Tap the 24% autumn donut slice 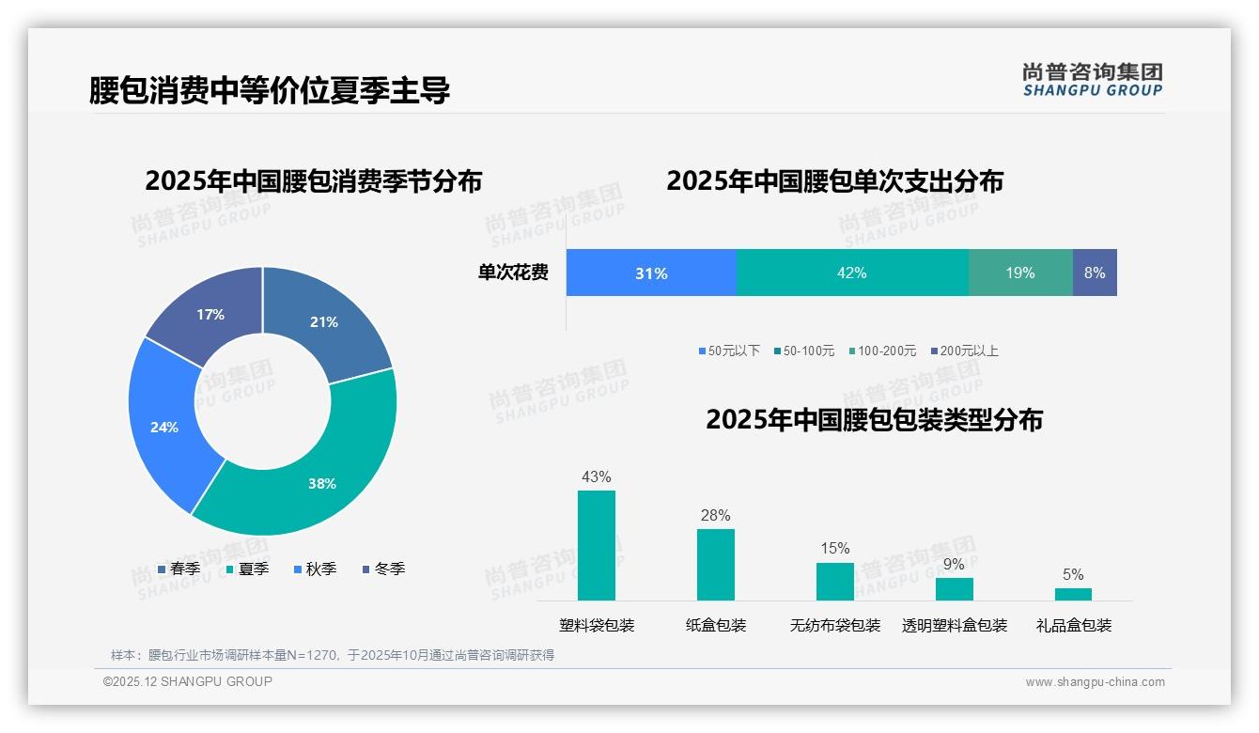[165, 427]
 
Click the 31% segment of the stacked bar [651, 273]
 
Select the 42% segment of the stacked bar [851, 273]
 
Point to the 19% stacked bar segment [1020, 273]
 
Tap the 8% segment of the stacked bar [1095, 273]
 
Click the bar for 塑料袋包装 [597, 545]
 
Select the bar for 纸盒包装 [716, 565]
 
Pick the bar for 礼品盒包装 [1073, 594]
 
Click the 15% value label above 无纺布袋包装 [834, 548]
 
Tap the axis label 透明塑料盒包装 [955, 626]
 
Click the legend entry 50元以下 [729, 351]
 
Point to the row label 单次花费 [513, 273]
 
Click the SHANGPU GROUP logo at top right [1092, 80]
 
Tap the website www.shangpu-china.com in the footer [1095, 682]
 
